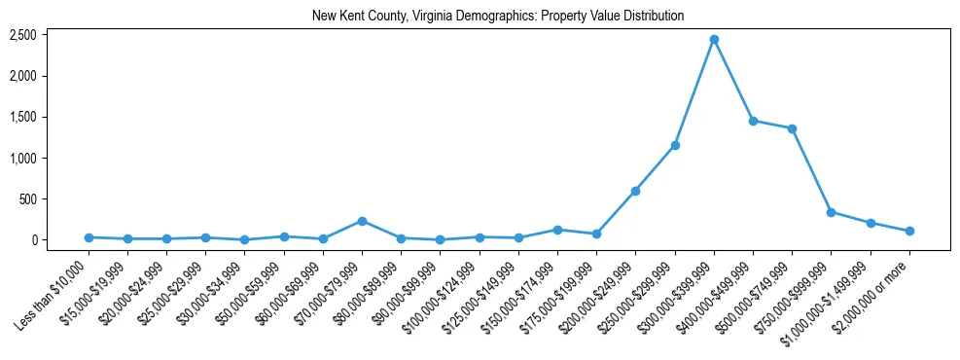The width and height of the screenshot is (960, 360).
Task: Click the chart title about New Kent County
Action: click(x=497, y=16)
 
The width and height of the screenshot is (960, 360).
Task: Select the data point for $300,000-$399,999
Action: click(x=714, y=40)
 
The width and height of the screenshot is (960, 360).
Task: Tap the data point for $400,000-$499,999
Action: click(x=753, y=121)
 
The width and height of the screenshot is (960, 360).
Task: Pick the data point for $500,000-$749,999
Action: click(x=793, y=128)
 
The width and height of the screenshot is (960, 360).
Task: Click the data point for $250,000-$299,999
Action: click(x=675, y=145)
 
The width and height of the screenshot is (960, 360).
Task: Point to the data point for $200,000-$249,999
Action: click(x=635, y=191)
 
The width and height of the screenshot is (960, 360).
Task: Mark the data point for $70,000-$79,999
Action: click(x=362, y=221)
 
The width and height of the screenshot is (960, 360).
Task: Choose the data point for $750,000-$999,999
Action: click(x=832, y=212)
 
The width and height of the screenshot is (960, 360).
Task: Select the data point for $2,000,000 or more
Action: click(x=909, y=232)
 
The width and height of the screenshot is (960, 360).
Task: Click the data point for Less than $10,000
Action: click(x=89, y=237)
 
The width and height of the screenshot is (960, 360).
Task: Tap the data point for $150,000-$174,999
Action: click(x=557, y=230)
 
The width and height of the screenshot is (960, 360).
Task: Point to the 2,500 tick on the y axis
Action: click(x=22, y=35)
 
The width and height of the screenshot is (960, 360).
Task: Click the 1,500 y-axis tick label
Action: click(x=22, y=117)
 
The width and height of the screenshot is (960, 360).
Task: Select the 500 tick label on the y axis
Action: click(x=26, y=199)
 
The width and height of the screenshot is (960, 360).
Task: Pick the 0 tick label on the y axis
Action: click(x=32, y=240)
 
